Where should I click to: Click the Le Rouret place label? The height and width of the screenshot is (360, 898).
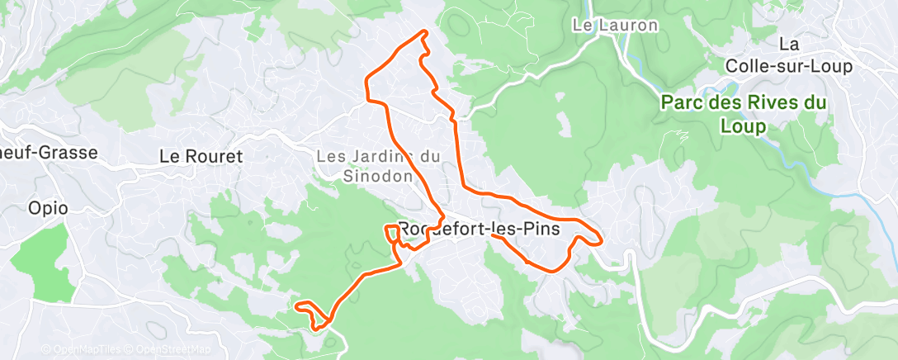point(201,155)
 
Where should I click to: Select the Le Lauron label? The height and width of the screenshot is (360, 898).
point(616,26)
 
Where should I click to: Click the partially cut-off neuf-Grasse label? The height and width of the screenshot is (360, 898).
point(49,153)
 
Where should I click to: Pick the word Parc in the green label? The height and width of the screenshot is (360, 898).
point(682,104)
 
